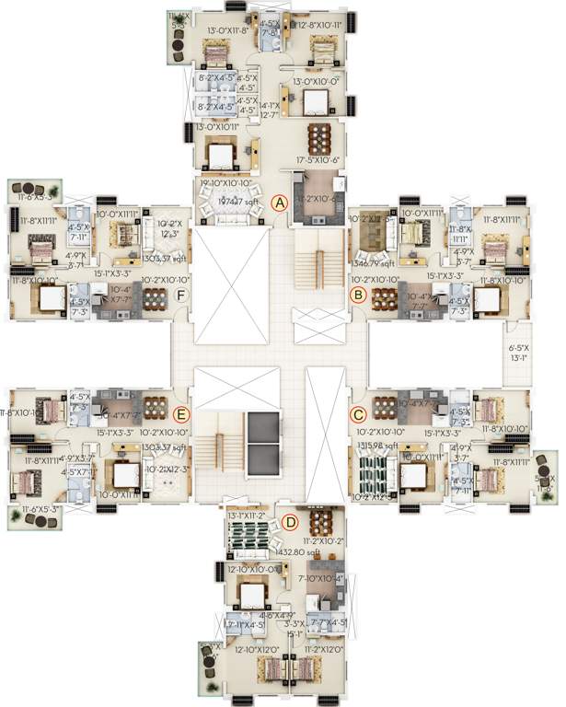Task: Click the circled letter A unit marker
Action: pyautogui.click(x=282, y=203)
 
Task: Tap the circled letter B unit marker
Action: pyautogui.click(x=359, y=295)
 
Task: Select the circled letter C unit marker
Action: pyautogui.click(x=359, y=415)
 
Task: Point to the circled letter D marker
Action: pyautogui.click(x=291, y=523)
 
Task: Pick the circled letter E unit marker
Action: pyautogui.click(x=181, y=414)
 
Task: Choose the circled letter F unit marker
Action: pyautogui.click(x=181, y=295)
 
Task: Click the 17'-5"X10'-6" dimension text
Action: pyautogui.click(x=318, y=160)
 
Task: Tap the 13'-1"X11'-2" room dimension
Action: pyautogui.click(x=247, y=516)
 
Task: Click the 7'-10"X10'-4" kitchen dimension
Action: pyautogui.click(x=320, y=577)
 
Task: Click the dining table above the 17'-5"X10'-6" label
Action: pyautogui.click(x=318, y=137)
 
